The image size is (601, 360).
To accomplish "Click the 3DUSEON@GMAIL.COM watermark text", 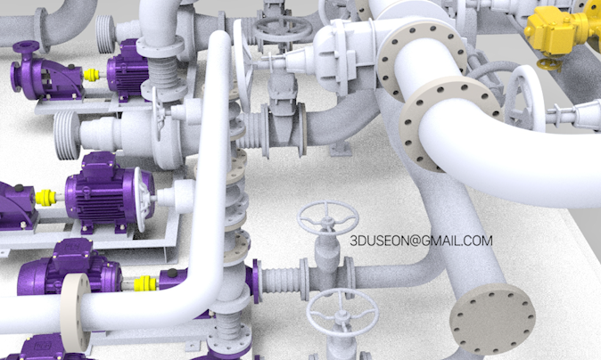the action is [421, 241].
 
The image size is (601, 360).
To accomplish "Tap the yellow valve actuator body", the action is [556, 29].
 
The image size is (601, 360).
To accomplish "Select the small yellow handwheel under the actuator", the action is [549, 64].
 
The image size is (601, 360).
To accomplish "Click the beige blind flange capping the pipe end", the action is [492, 319].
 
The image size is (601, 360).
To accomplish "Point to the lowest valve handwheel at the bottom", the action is [342, 312].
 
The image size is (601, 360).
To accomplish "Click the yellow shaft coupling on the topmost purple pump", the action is [92, 75].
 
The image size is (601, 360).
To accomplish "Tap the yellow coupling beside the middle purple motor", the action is [45, 197].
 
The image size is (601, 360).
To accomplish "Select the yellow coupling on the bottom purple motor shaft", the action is [144, 283].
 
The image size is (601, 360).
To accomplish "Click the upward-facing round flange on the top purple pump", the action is [26, 46].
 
